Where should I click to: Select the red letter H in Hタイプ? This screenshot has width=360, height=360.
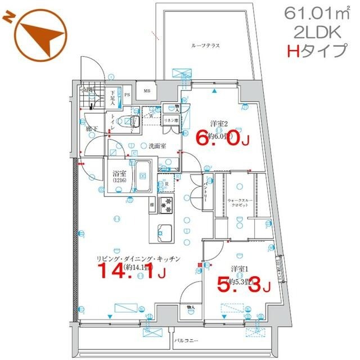(x=292, y=52)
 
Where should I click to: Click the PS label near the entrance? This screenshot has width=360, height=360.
(x=127, y=95)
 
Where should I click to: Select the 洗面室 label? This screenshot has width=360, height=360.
(x=157, y=146)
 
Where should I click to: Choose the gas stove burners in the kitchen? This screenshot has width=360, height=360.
(x=166, y=205)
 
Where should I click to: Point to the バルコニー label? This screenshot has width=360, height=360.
(x=184, y=341)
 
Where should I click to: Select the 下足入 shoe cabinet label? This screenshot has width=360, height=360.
(x=112, y=99)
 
